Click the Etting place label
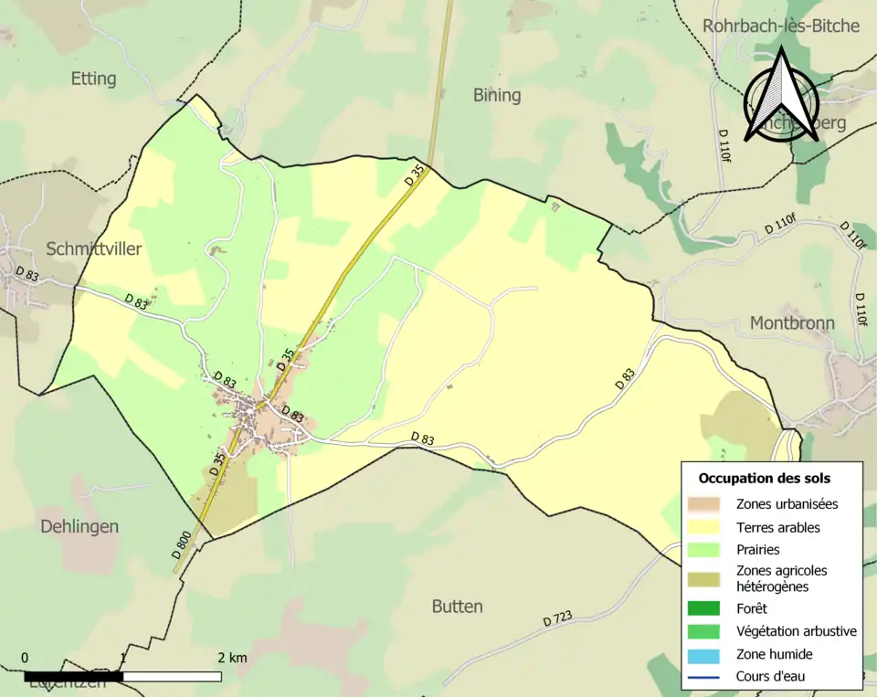[x=93, y=79]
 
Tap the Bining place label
[x=497, y=95]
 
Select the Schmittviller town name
[x=94, y=248]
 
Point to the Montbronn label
[x=792, y=322]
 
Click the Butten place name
[x=457, y=607]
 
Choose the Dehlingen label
[x=79, y=527]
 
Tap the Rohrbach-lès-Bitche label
[x=781, y=26]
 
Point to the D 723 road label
[x=556, y=619]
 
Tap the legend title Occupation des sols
[x=764, y=478]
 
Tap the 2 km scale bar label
[x=231, y=658]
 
